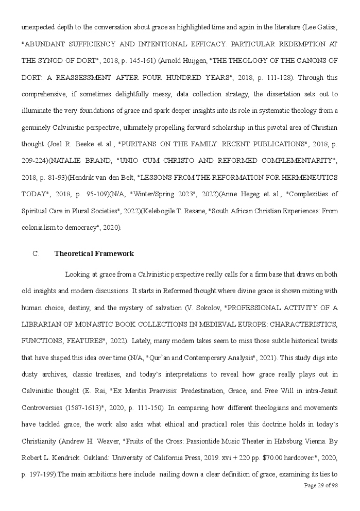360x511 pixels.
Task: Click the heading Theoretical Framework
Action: tap(94, 253)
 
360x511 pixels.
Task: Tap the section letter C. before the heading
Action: tap(36, 253)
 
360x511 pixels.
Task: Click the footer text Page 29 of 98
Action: tap(321, 486)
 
